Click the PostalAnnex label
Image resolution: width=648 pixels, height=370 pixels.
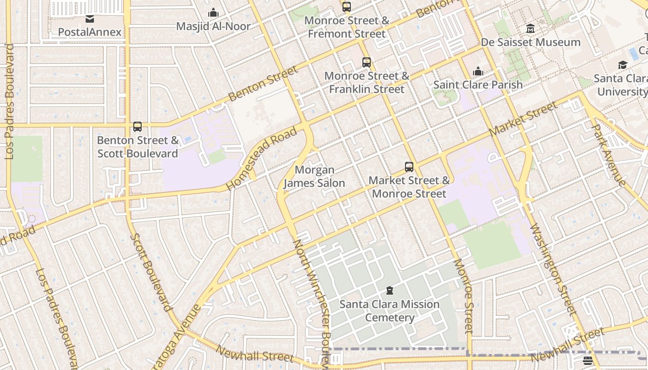90,32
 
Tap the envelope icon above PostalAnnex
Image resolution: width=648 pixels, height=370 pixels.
90,19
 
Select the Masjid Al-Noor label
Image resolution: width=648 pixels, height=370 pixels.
213,26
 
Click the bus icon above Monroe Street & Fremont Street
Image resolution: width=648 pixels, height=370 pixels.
347,7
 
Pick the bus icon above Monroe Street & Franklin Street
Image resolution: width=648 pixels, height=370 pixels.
367,62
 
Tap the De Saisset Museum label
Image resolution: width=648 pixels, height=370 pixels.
530,42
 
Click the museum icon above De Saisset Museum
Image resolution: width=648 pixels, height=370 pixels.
530,29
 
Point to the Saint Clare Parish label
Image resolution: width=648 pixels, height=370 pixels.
478,85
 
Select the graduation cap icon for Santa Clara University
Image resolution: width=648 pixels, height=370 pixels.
623,65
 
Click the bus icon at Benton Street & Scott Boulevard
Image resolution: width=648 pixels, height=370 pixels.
137,127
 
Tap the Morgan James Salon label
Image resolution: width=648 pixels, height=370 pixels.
314,177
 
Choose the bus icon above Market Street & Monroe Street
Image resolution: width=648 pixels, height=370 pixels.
409,167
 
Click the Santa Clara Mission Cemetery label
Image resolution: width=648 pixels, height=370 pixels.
389,311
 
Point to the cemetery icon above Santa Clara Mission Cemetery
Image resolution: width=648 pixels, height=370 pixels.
390,291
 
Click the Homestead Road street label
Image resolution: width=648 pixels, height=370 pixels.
262,159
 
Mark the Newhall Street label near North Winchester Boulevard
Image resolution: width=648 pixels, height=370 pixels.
255,354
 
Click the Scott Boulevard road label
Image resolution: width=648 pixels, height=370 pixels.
151,272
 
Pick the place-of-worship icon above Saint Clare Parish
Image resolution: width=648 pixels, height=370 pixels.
478,72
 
